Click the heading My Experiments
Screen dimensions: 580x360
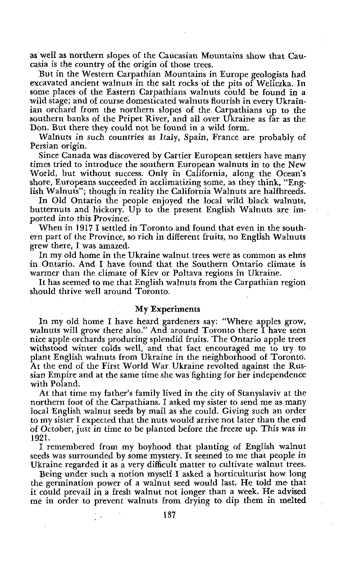pos(167,309)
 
